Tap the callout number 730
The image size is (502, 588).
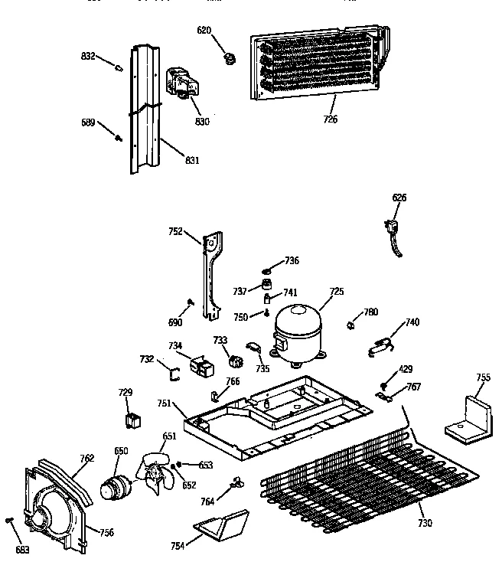coord(425,523)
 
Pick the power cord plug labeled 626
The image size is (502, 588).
coord(392,230)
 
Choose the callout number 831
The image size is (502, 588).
coord(191,160)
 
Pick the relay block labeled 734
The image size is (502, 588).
coord(203,367)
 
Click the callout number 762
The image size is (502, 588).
coord(86,458)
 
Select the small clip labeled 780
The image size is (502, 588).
coord(352,325)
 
